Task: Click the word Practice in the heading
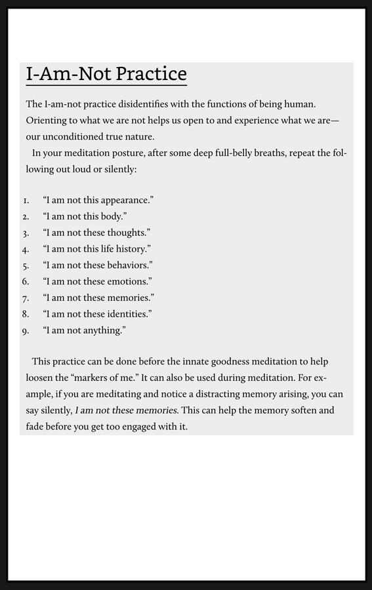point(151,74)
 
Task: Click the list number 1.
point(25,200)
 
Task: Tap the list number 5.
point(25,265)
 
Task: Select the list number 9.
point(25,330)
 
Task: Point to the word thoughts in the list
point(127,233)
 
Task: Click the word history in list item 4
point(133,249)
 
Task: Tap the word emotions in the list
point(129,282)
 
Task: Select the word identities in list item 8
point(129,314)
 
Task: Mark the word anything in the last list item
point(102,330)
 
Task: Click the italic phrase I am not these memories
point(126,410)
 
